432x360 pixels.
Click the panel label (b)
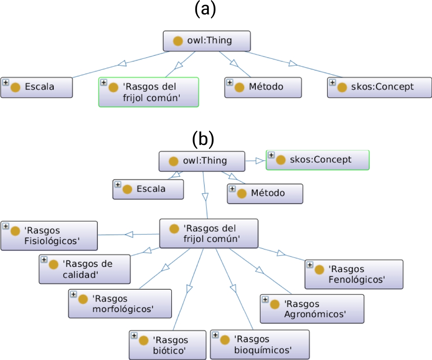tap(203, 140)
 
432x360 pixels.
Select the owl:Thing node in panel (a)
tap(207, 41)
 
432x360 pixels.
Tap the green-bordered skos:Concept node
tap(317, 160)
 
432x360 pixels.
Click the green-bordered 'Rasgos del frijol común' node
tap(149, 92)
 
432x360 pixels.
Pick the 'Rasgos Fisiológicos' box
tap(49, 236)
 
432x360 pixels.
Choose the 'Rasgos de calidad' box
tap(85, 269)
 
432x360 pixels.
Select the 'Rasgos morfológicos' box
tap(120, 303)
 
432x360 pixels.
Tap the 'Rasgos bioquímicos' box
tap(260, 344)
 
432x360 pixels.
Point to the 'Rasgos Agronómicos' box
tap(312, 309)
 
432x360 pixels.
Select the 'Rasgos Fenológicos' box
tap(354, 274)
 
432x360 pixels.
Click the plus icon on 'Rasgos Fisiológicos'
tap(6, 226)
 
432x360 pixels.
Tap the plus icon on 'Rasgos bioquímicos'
tap(215, 334)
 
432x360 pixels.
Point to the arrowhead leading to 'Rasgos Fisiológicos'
tap(129, 234)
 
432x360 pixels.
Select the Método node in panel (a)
tap(263, 87)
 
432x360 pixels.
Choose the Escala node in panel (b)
tap(148, 189)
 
